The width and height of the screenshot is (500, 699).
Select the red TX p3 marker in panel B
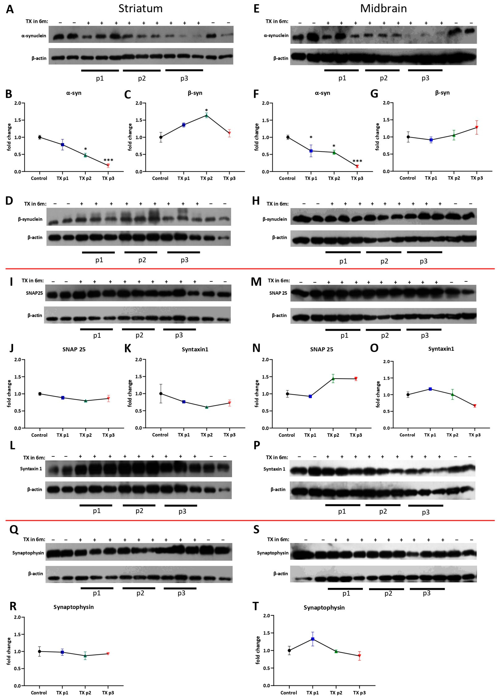(108, 165)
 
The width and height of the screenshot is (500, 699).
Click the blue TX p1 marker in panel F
(311, 151)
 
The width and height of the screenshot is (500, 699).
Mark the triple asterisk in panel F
(357, 161)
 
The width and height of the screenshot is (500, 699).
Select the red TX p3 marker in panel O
(475, 406)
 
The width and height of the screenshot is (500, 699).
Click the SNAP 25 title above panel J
(74, 349)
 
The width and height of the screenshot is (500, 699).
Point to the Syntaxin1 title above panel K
(195, 349)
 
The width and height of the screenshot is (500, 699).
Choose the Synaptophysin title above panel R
(74, 607)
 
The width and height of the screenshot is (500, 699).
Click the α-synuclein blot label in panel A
(34, 36)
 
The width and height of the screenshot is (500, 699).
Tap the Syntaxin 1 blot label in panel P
(274, 469)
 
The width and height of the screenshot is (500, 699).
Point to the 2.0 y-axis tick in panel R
(17, 617)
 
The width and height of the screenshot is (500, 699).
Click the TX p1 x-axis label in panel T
(312, 693)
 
